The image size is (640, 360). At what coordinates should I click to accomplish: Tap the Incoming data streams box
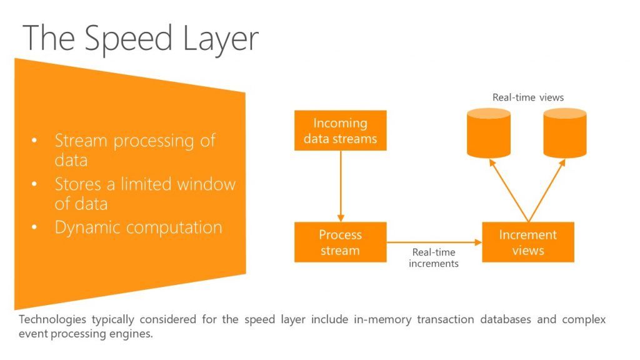click(340, 131)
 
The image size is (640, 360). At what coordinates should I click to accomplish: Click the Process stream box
click(340, 242)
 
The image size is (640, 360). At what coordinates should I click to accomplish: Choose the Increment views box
click(527, 242)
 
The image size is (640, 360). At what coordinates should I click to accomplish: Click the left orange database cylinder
click(489, 132)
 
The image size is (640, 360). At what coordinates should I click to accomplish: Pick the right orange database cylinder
click(564, 132)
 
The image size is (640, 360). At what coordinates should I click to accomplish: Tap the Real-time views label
click(527, 97)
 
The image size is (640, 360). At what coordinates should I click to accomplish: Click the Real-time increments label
click(433, 258)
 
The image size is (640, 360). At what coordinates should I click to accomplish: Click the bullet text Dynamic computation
click(138, 227)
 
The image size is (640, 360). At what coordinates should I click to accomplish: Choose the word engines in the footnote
click(136, 334)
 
